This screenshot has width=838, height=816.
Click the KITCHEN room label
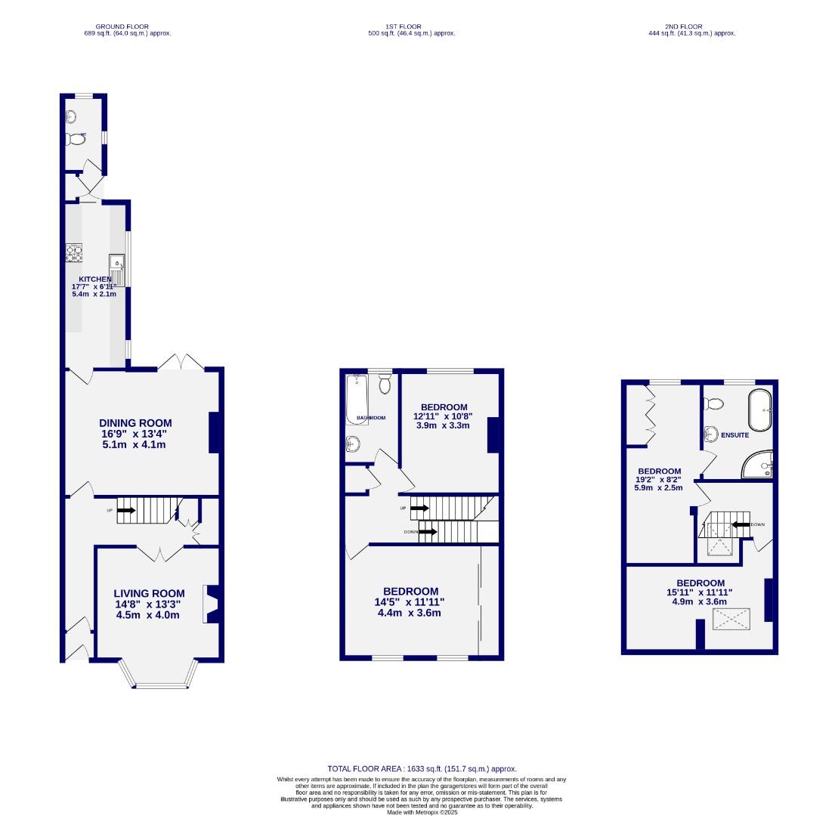[x=95, y=279]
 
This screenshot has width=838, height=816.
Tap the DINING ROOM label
[x=135, y=423]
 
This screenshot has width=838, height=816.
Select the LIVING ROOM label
[x=149, y=593]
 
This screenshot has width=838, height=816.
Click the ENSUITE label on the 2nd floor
[x=734, y=435]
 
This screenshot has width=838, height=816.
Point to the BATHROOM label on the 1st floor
[x=371, y=418]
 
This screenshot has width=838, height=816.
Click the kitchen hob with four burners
[x=74, y=253]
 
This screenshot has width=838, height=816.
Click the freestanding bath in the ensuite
[x=759, y=410]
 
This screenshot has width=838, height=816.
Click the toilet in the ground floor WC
[x=76, y=139]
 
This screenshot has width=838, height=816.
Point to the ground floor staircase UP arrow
[x=126, y=510]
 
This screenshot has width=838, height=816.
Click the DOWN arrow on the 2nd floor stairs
[x=741, y=524]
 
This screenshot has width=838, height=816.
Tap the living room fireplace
[x=211, y=604]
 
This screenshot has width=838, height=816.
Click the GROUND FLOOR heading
[x=127, y=26]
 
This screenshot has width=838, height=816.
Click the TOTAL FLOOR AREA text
[x=422, y=768]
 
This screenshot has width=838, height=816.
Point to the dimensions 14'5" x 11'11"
[x=410, y=602]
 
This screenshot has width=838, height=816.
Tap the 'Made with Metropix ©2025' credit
[x=422, y=812]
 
